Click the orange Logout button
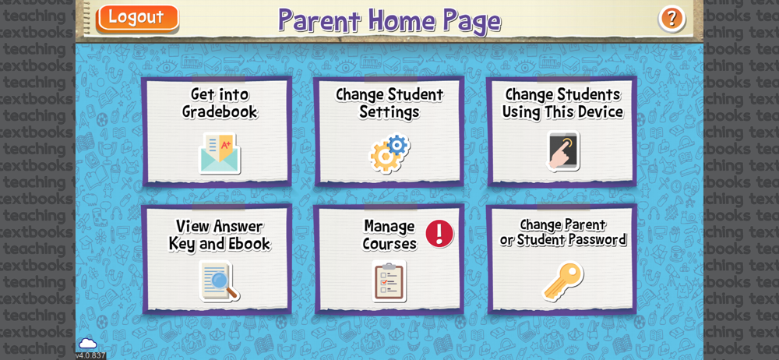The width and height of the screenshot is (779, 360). point(138,17)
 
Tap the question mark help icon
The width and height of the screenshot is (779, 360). point(671,19)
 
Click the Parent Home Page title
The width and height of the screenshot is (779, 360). point(389,20)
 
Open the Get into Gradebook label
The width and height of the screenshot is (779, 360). point(220,103)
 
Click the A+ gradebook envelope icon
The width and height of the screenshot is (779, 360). point(220,154)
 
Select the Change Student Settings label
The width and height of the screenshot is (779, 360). point(389,103)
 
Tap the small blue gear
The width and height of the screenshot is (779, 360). point(397,145)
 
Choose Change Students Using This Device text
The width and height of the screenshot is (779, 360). point(562,103)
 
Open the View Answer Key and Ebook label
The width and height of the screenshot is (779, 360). point(220,235)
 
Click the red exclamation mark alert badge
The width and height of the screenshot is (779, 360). point(439,234)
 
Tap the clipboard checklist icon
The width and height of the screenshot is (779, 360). point(389,281)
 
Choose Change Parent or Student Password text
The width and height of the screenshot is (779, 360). point(563,233)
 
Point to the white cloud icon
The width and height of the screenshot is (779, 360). point(88,343)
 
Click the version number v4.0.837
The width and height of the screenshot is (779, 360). point(90,355)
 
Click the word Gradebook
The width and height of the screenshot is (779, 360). point(220,112)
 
